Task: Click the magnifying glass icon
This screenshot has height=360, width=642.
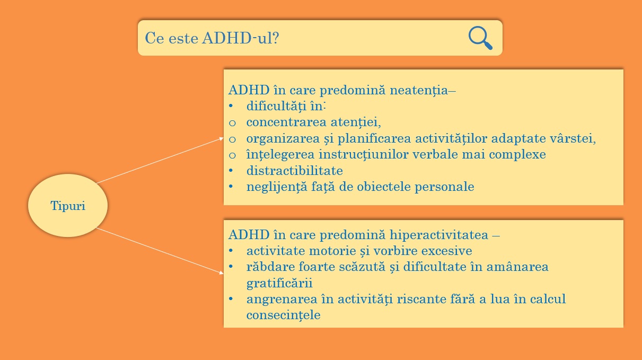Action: click(x=481, y=38)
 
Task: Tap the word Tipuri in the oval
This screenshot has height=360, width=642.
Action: click(x=68, y=206)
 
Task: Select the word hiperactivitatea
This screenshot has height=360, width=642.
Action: click(x=439, y=235)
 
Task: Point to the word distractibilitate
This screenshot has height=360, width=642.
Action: click(x=295, y=171)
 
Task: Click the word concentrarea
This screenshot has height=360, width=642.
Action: click(x=286, y=122)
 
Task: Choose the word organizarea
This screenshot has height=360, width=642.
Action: click(x=283, y=139)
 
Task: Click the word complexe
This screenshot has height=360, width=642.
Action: click(x=517, y=155)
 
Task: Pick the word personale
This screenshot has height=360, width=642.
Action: click(x=444, y=187)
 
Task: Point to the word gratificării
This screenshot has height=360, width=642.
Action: click(x=279, y=284)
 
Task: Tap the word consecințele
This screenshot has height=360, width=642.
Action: click(x=284, y=315)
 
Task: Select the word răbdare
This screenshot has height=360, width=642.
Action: click(x=270, y=267)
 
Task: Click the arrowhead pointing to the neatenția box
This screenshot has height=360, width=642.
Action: click(x=221, y=139)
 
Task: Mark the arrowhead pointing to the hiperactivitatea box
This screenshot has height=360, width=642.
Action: click(x=221, y=273)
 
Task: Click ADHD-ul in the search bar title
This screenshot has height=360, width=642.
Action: click(x=240, y=38)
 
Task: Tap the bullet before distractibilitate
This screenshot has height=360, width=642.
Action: click(x=231, y=171)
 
